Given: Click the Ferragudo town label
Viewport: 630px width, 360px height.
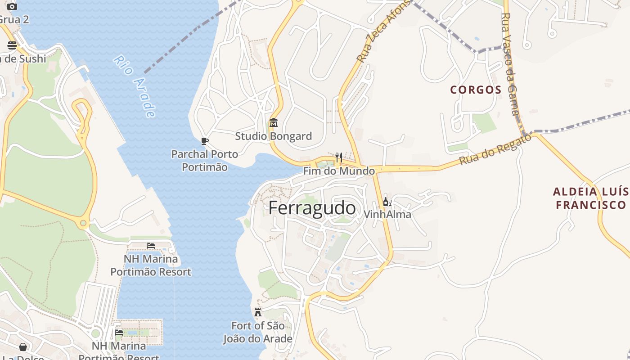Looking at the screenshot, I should [x=312, y=208].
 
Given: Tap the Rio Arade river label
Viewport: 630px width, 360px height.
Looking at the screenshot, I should [x=135, y=85].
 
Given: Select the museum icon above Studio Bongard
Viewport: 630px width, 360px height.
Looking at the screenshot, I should [x=273, y=122].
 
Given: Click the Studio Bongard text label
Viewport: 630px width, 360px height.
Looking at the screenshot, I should [x=273, y=136].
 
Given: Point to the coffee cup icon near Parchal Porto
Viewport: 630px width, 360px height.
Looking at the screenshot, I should [x=205, y=141].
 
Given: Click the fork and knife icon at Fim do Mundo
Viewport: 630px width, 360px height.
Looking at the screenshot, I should [x=339, y=157].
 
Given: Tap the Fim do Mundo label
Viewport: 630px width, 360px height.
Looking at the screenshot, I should [x=338, y=171].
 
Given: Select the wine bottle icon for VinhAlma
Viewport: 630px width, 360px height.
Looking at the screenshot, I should [x=387, y=202].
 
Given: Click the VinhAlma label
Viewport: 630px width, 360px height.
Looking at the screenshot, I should [x=387, y=214].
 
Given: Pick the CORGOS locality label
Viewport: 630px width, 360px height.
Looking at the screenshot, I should [x=476, y=90].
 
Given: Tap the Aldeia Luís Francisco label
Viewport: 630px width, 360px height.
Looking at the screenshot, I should [x=590, y=198].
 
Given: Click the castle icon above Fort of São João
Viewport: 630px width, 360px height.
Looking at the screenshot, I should [x=258, y=312].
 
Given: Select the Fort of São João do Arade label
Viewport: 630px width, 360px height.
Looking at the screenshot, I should [x=258, y=332].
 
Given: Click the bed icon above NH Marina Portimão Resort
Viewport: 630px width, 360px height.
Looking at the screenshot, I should [x=151, y=245].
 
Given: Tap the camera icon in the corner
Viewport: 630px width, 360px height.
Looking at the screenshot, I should [x=12, y=6].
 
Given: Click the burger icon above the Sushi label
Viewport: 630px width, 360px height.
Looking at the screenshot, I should [x=12, y=45].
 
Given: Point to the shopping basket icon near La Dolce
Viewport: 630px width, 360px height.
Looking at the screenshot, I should [x=23, y=347].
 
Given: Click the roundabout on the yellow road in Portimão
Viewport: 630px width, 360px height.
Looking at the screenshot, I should [x=83, y=223].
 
